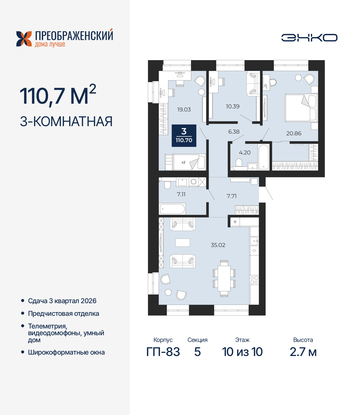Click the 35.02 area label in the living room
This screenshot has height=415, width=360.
218,245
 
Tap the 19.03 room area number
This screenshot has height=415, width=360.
184,110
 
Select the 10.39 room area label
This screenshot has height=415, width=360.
233,106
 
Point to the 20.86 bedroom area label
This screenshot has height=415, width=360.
294,133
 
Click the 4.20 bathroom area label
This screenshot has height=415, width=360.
245,153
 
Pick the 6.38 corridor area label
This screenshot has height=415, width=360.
234,131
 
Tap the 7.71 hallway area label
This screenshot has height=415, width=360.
231,196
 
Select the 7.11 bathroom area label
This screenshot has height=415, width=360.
181,194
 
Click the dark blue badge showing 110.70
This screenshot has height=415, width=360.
184,136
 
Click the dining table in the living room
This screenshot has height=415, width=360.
224,278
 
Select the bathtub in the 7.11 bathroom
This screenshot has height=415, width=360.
172,209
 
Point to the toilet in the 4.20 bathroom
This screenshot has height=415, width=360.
239,163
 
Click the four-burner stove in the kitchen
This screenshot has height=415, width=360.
254,280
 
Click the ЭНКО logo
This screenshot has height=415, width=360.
309,38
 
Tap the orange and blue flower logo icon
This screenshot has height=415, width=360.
24,39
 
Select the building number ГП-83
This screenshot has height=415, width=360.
163,352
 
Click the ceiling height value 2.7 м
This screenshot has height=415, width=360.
303,352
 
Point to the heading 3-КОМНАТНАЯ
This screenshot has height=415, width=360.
66,121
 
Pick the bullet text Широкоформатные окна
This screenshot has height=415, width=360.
66,352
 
